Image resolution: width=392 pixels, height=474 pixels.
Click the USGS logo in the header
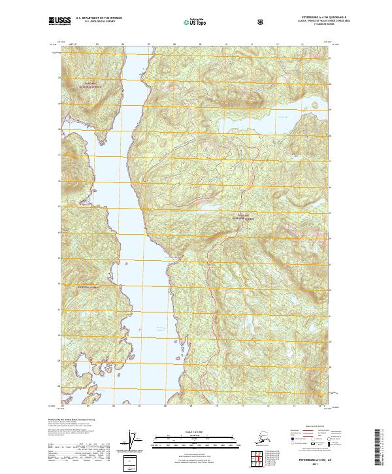tap(59, 21)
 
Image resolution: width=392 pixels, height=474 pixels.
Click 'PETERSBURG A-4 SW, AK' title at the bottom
tap(307, 461)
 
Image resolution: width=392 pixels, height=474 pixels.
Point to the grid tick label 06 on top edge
tap(123, 46)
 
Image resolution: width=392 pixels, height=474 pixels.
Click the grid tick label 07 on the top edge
tap(148, 46)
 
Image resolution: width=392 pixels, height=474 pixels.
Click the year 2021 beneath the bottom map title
tap(307, 466)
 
